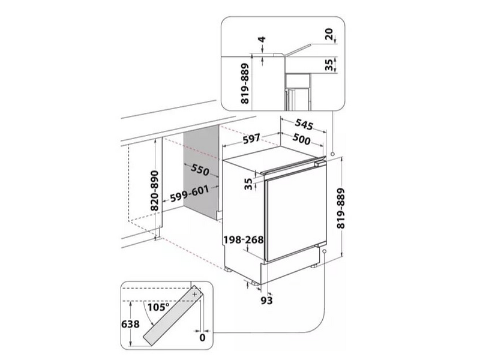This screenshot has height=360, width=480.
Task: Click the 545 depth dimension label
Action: click(304, 124)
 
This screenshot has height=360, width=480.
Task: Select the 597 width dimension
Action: click(251, 139)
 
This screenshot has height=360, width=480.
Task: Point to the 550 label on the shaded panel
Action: click(200, 170)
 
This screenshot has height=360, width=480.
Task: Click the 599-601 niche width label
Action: click(190, 194)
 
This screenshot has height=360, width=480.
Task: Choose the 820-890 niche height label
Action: click(155, 190)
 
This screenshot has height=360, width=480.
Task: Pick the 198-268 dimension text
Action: click(244, 239)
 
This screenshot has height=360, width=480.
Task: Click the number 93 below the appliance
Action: click(266, 301)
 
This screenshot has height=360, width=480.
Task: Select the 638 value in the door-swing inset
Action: click(130, 324)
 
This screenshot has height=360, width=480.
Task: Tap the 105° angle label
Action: click(158, 307)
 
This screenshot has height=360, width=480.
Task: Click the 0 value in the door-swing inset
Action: click(202, 338)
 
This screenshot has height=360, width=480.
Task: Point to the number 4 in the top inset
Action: click(262, 40)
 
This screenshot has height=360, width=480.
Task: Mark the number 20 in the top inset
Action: click(329, 34)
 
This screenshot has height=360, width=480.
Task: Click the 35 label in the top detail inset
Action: click(329, 65)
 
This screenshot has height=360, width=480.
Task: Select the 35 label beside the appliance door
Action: click(248, 184)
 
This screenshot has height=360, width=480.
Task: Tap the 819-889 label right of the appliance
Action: click(341, 208)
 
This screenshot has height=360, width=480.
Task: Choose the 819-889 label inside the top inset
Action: click(245, 83)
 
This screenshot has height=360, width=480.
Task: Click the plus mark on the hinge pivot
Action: click(194, 294)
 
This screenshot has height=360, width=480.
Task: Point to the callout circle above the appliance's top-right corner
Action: click(332, 154)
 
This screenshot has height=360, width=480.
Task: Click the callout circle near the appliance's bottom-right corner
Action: click(324, 251)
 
